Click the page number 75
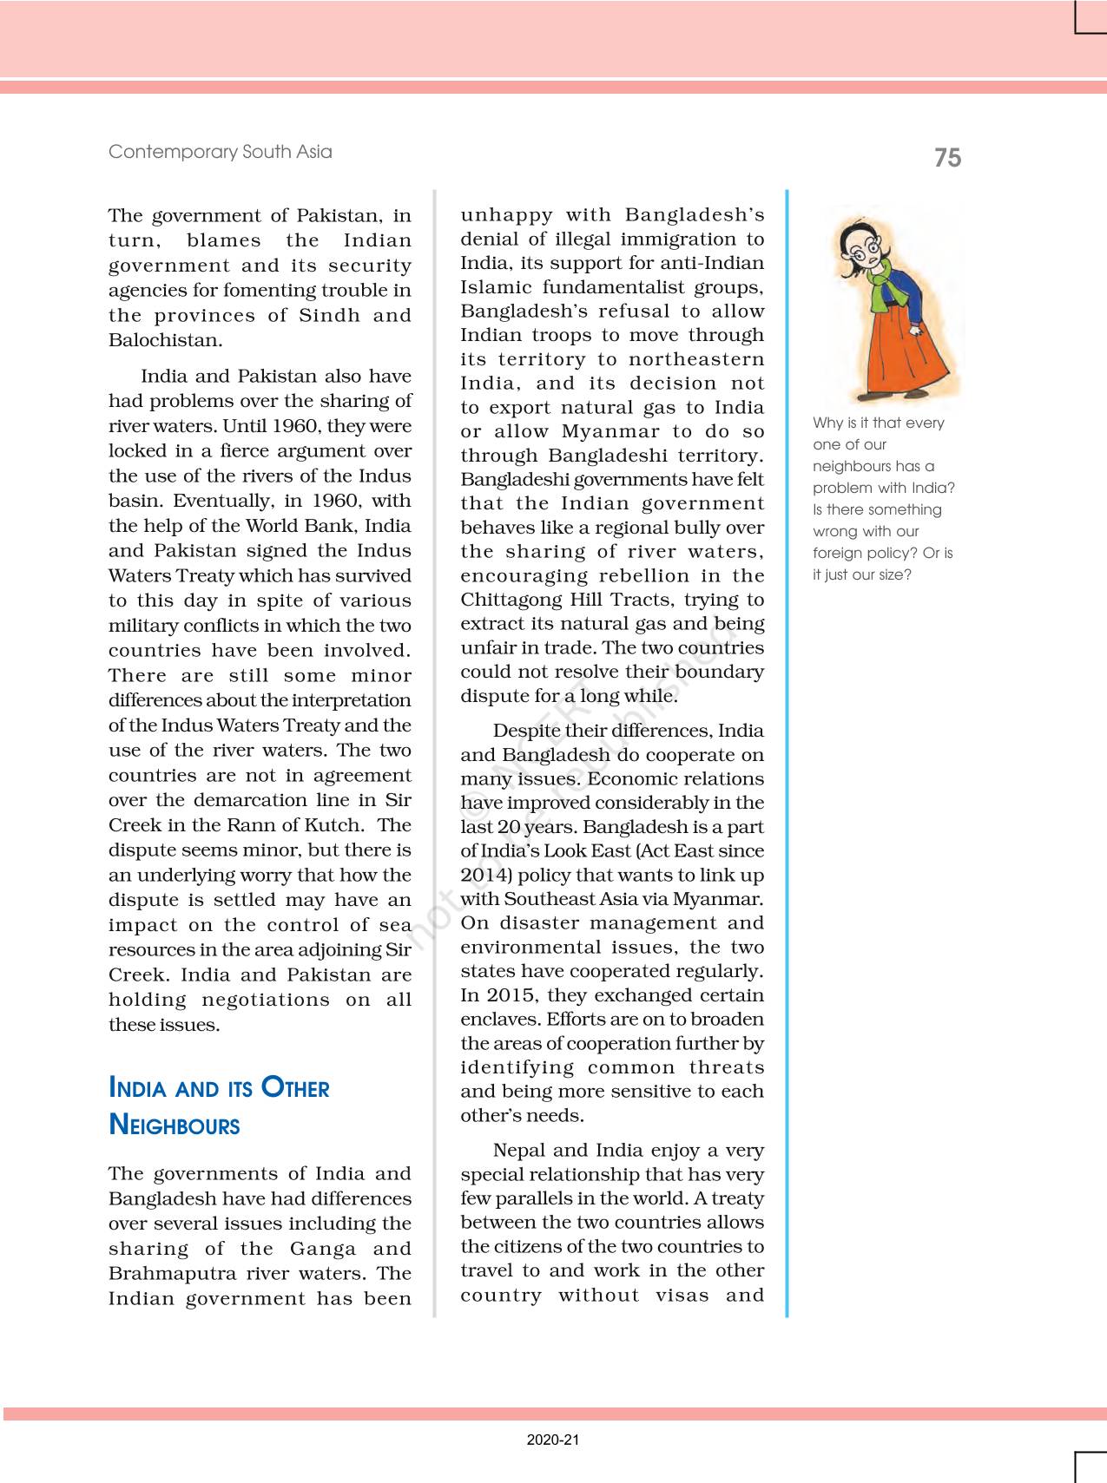click(x=947, y=158)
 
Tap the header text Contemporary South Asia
click(x=220, y=152)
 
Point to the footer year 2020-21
click(x=552, y=1440)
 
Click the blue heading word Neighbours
click(x=175, y=1125)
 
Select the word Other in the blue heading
click(x=295, y=1088)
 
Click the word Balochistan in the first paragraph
click(x=164, y=340)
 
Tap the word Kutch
click(x=335, y=825)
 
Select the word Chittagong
click(x=511, y=600)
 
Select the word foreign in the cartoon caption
click(x=838, y=554)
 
